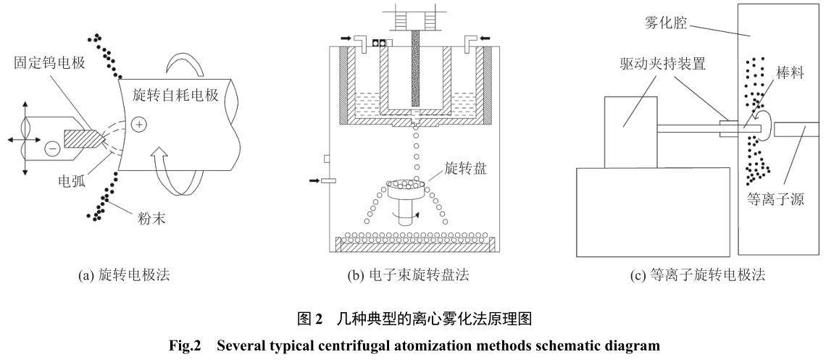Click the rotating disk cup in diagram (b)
click(x=408, y=190)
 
